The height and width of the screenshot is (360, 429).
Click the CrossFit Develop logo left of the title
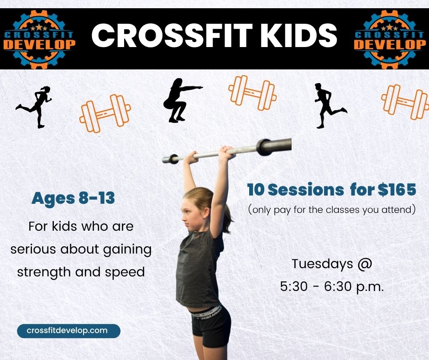coord(39,39)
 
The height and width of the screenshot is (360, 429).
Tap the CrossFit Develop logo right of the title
coord(390,39)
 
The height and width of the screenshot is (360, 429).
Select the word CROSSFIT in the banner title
coord(172,36)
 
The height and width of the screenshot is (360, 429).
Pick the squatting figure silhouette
coord(183,100)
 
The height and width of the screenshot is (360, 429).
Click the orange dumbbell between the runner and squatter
coord(105,113)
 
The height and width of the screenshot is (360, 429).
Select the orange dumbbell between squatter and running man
coord(252,93)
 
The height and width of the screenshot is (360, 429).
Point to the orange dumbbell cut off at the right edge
coord(405,101)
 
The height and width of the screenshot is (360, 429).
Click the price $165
coord(397,190)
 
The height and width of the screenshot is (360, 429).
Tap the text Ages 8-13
coord(73,198)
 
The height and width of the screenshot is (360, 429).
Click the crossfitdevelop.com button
coord(68,331)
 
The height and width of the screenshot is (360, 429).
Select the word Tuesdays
coord(322,264)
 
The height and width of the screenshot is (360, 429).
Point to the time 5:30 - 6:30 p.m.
coord(332,287)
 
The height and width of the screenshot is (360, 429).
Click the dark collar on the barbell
coord(264,147)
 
